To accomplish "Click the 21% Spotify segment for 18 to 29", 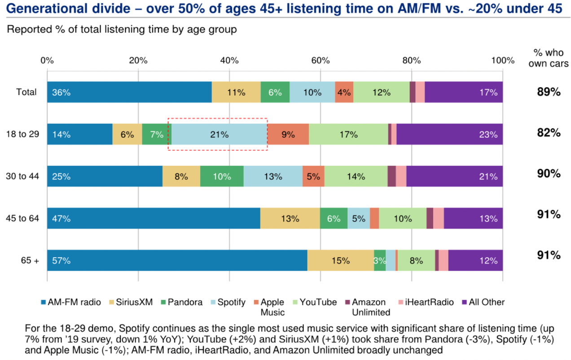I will click(220, 134).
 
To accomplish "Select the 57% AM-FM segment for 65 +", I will click(177, 260).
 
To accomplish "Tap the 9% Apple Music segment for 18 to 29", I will click(288, 134).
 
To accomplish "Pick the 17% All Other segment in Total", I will click(463, 92).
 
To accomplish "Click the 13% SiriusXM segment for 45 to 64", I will click(290, 219).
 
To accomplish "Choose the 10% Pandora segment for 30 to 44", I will click(222, 176).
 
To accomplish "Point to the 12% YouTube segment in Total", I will click(381, 92).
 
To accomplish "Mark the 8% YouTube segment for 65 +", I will click(416, 260).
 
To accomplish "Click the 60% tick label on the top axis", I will click(320, 61).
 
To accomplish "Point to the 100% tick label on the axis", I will click(502, 61).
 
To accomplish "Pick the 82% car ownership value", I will click(549, 133).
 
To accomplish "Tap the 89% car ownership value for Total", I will click(549, 92).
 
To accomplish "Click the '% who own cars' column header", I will click(549, 58).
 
